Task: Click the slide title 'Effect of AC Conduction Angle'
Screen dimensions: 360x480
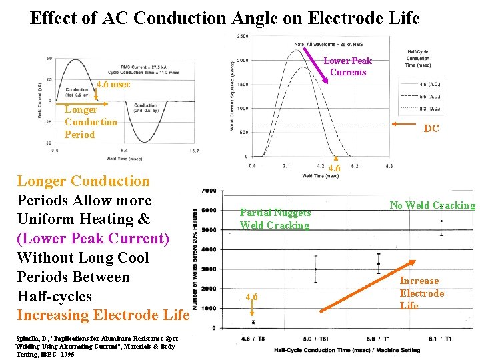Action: [x=225, y=18]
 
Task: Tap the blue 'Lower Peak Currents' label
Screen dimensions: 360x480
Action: [x=347, y=67]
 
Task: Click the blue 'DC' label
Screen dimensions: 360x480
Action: [x=431, y=129]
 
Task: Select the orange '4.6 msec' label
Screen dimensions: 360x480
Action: [x=113, y=85]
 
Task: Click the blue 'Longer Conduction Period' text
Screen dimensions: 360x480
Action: [x=91, y=122]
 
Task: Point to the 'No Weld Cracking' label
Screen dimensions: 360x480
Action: [x=433, y=205]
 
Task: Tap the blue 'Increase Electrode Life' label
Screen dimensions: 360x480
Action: [x=421, y=293]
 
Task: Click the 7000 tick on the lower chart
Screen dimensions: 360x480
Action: [x=209, y=191]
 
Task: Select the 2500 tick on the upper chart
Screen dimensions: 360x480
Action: [x=243, y=37]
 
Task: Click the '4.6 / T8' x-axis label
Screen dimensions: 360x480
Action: [x=247, y=339]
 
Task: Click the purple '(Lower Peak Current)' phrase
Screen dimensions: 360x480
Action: [x=93, y=238]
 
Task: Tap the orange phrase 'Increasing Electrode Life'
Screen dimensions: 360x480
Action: [x=103, y=315]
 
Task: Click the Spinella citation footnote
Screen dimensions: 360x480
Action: [x=97, y=346]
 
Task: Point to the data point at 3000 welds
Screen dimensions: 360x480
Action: [x=315, y=269]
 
